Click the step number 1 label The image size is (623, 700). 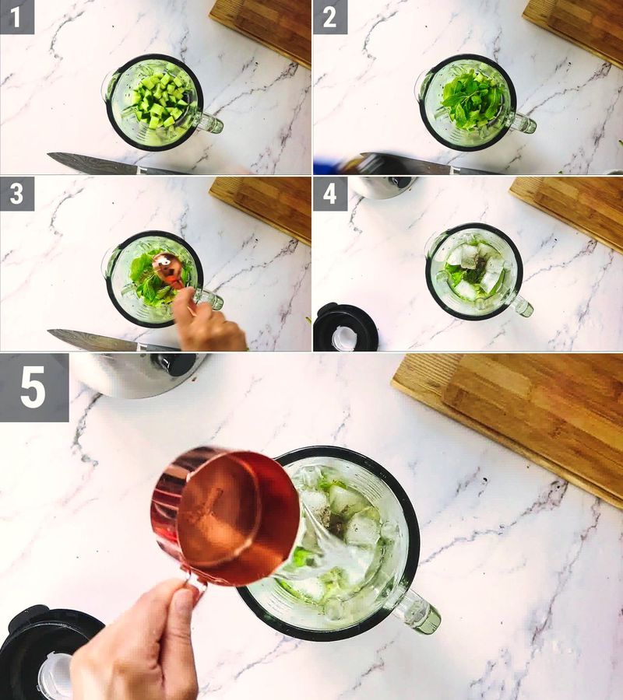pyautogui.click(x=17, y=17)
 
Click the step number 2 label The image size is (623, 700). pyautogui.click(x=330, y=17)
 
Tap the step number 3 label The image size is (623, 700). pyautogui.click(x=17, y=194)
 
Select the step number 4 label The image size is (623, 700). pyautogui.click(x=330, y=194)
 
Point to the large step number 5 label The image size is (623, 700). pyautogui.click(x=33, y=387)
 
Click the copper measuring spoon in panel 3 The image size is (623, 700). pyautogui.click(x=166, y=268)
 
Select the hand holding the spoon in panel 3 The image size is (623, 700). pyautogui.click(x=206, y=323)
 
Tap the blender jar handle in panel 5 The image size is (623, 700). pyautogui.click(x=417, y=611)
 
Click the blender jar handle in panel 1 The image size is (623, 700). pyautogui.click(x=208, y=122)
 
